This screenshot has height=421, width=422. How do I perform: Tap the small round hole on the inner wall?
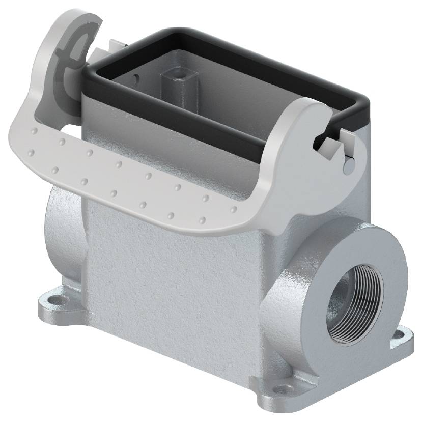135,79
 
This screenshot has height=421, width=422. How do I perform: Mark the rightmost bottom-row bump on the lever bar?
202,220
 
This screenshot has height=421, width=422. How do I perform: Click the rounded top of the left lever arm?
76,20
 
